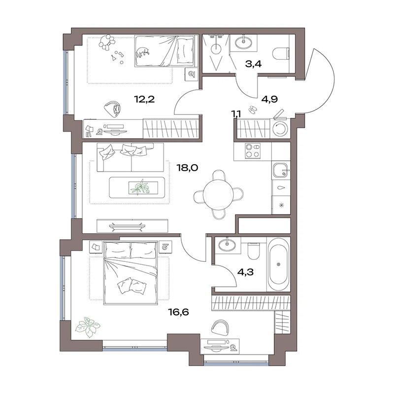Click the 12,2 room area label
[144, 100]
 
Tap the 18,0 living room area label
[188, 168]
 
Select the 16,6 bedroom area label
[178, 312]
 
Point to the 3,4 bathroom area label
[253, 64]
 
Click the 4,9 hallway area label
[269, 99]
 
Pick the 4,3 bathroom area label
[245, 272]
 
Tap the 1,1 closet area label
[236, 114]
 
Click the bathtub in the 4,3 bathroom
[278, 265]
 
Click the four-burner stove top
[253, 151]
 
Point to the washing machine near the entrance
[280, 128]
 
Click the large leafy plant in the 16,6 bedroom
[88, 327]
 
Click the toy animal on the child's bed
[143, 52]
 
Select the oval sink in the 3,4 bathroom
[243, 42]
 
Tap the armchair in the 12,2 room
[113, 108]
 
